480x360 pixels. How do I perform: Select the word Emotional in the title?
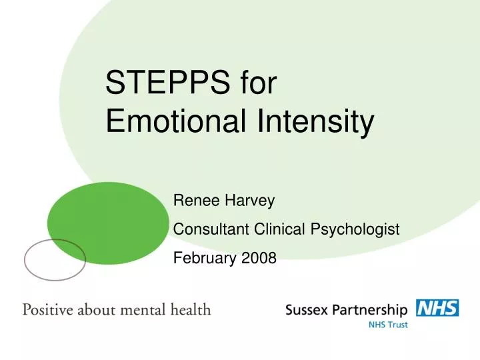[170, 123]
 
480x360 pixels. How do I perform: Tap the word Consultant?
[211, 229]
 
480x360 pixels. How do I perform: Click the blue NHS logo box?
[437, 308]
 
